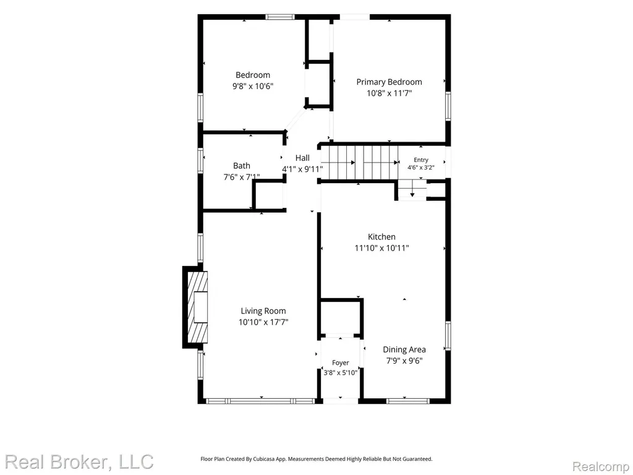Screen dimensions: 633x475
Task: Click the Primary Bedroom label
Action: point(389,82)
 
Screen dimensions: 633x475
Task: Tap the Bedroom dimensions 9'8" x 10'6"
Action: point(253,86)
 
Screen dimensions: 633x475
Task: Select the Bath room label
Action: point(242,166)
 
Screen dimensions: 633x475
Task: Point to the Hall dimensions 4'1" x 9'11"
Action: point(302,169)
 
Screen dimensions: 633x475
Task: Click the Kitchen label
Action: point(381,237)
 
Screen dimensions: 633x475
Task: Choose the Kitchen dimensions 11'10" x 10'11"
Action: point(381,248)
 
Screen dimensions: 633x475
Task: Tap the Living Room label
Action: point(263,311)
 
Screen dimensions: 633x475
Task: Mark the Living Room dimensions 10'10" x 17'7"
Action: point(263,322)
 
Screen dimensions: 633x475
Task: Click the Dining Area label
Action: point(404,350)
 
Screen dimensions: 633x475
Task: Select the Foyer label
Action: point(341,362)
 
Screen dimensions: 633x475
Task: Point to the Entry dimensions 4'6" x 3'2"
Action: point(420,167)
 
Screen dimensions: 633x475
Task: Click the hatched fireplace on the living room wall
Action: point(197,307)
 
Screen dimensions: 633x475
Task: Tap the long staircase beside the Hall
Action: point(363,163)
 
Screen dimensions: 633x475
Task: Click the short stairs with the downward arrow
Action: point(412,190)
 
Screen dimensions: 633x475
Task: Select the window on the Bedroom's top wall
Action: point(280,17)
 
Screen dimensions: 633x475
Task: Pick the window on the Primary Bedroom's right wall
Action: point(448,106)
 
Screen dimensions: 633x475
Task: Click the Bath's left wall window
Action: point(200,161)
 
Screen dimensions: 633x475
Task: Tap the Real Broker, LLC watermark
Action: point(79,462)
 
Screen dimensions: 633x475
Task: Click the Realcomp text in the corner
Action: point(600,466)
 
